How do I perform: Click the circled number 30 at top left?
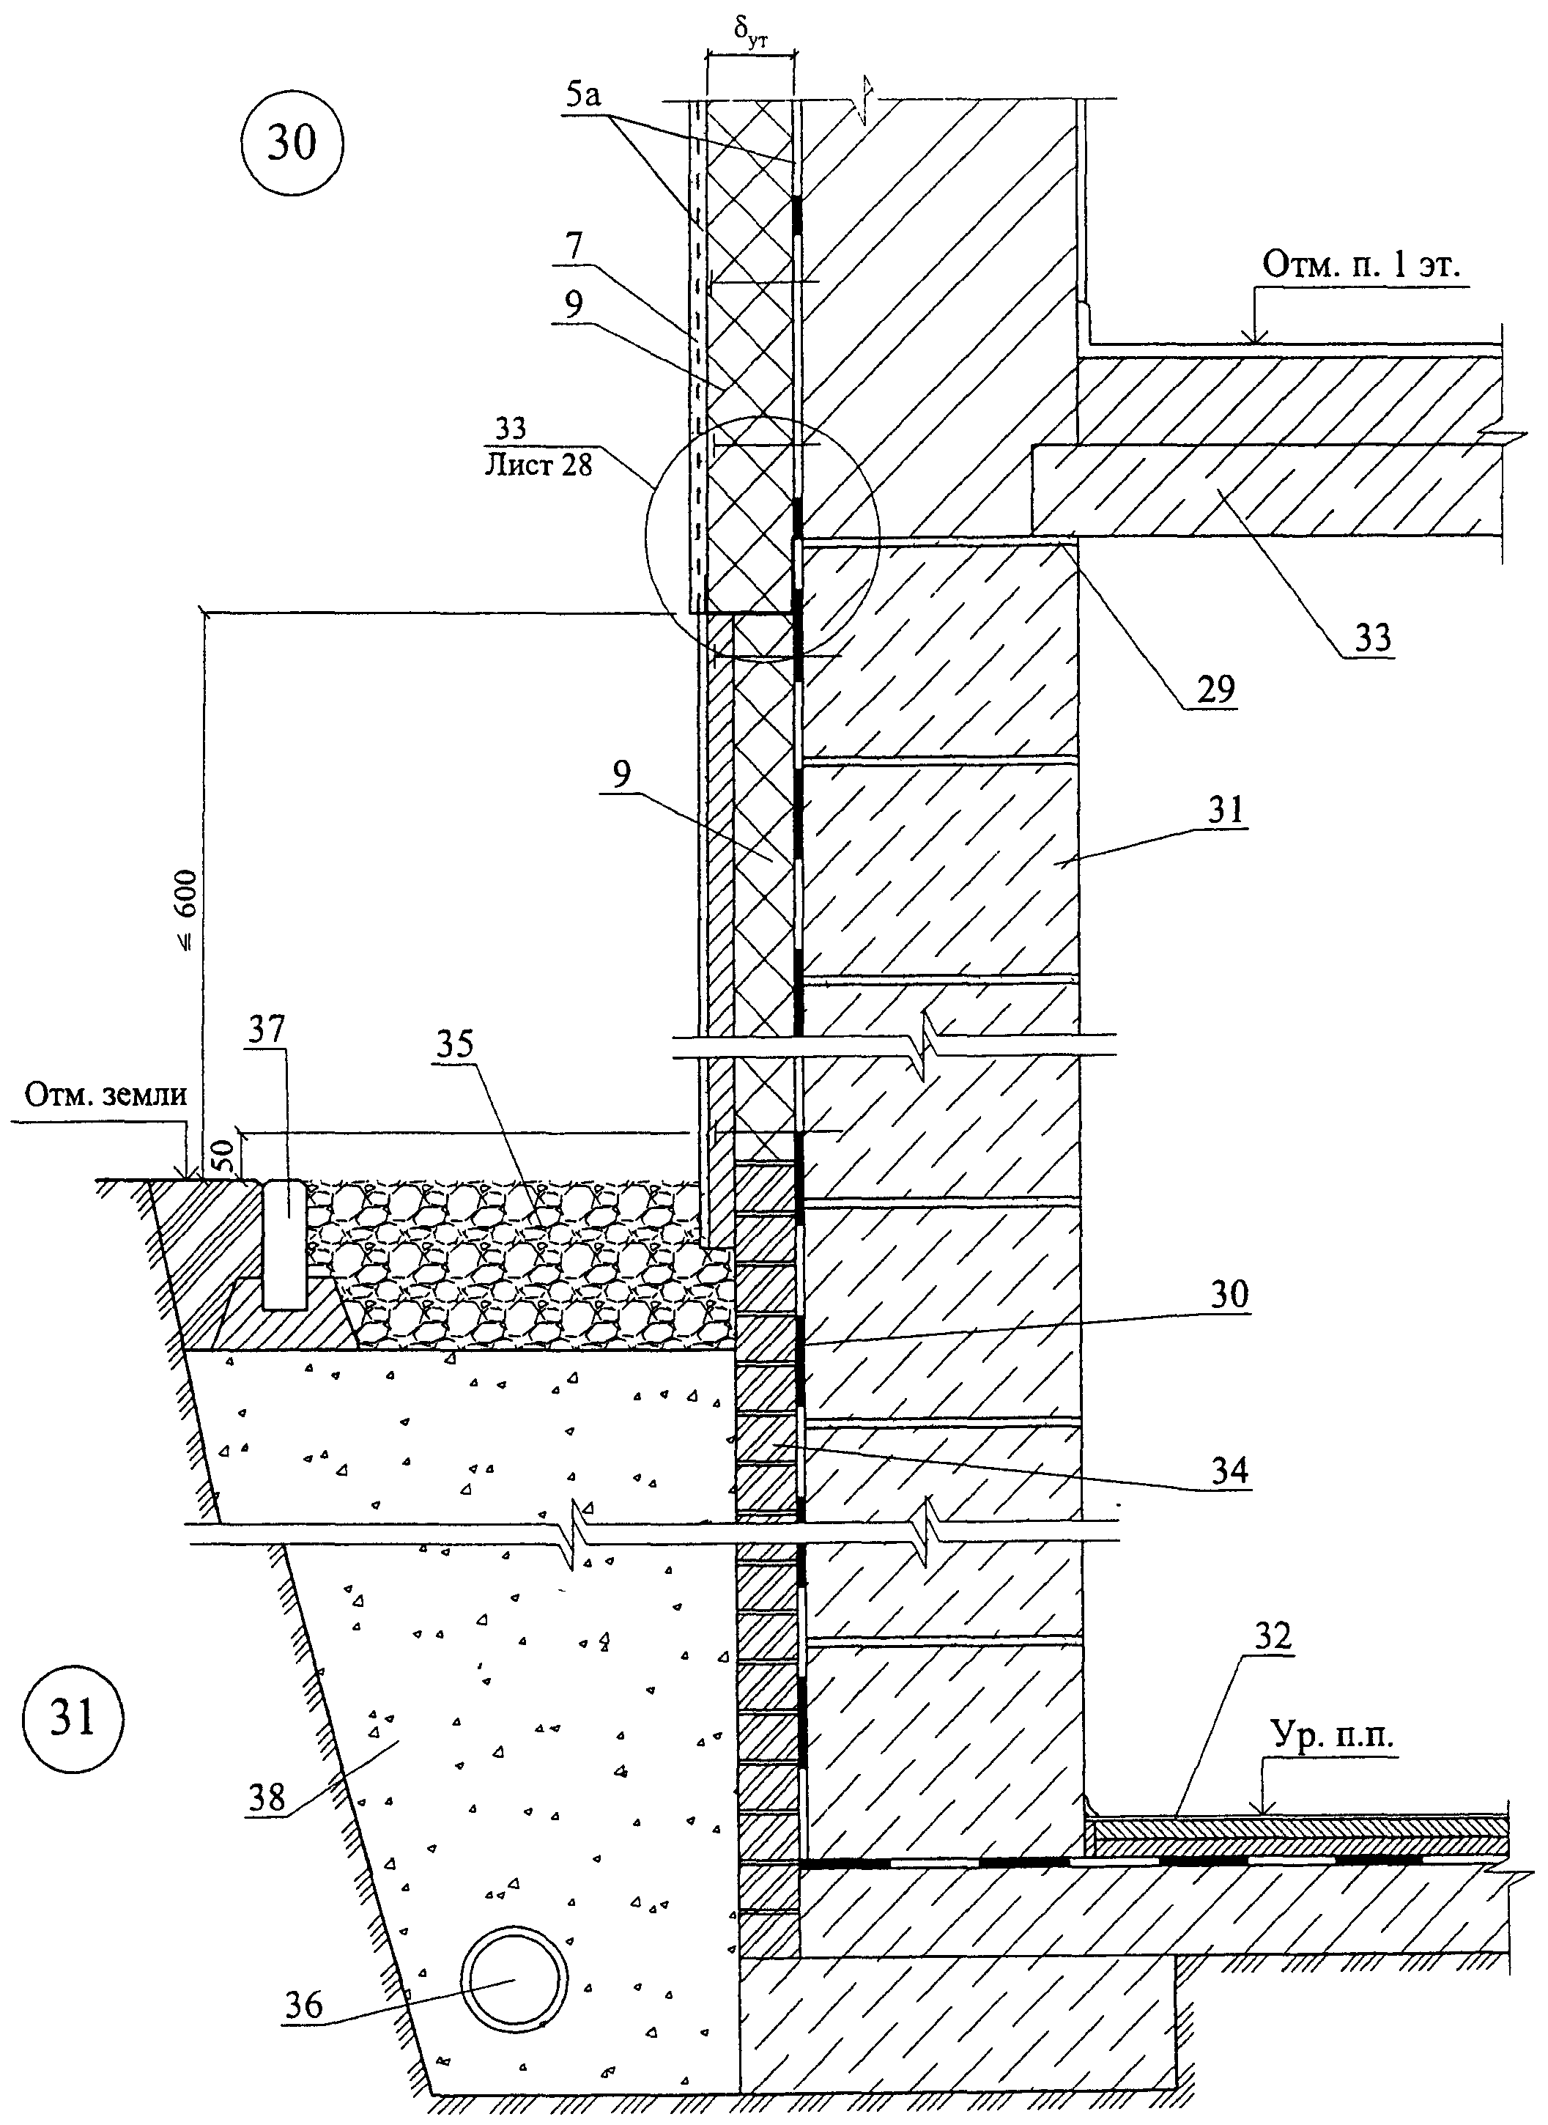pos(292,144)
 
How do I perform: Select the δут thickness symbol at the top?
pos(752,36)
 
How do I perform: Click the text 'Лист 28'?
pos(538,464)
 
